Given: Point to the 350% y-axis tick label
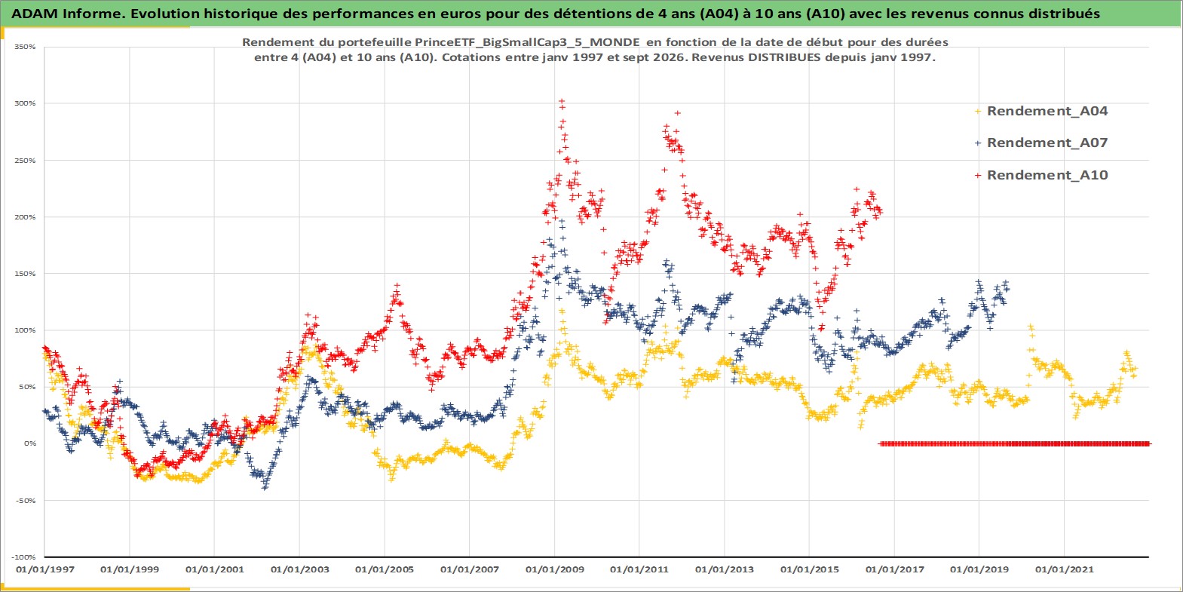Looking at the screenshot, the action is click(x=26, y=47).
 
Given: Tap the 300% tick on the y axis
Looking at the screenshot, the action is click(x=26, y=103).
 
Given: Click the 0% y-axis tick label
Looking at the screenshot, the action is click(x=30, y=443).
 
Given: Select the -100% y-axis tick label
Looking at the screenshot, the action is click(x=24, y=557).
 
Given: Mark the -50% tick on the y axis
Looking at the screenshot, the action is click(x=26, y=501).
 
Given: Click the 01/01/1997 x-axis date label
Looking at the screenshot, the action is click(x=45, y=569).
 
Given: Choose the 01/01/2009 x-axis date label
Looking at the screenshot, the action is click(x=554, y=569).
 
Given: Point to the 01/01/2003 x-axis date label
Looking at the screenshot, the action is click(x=299, y=569).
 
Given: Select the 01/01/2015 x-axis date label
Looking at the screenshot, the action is click(x=809, y=569).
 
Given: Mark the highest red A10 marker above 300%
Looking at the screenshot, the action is click(x=562, y=101).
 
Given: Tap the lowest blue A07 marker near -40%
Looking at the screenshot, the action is click(x=265, y=487).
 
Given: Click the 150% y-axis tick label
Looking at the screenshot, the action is click(x=26, y=274).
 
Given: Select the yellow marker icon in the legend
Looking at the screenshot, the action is click(x=978, y=112).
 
